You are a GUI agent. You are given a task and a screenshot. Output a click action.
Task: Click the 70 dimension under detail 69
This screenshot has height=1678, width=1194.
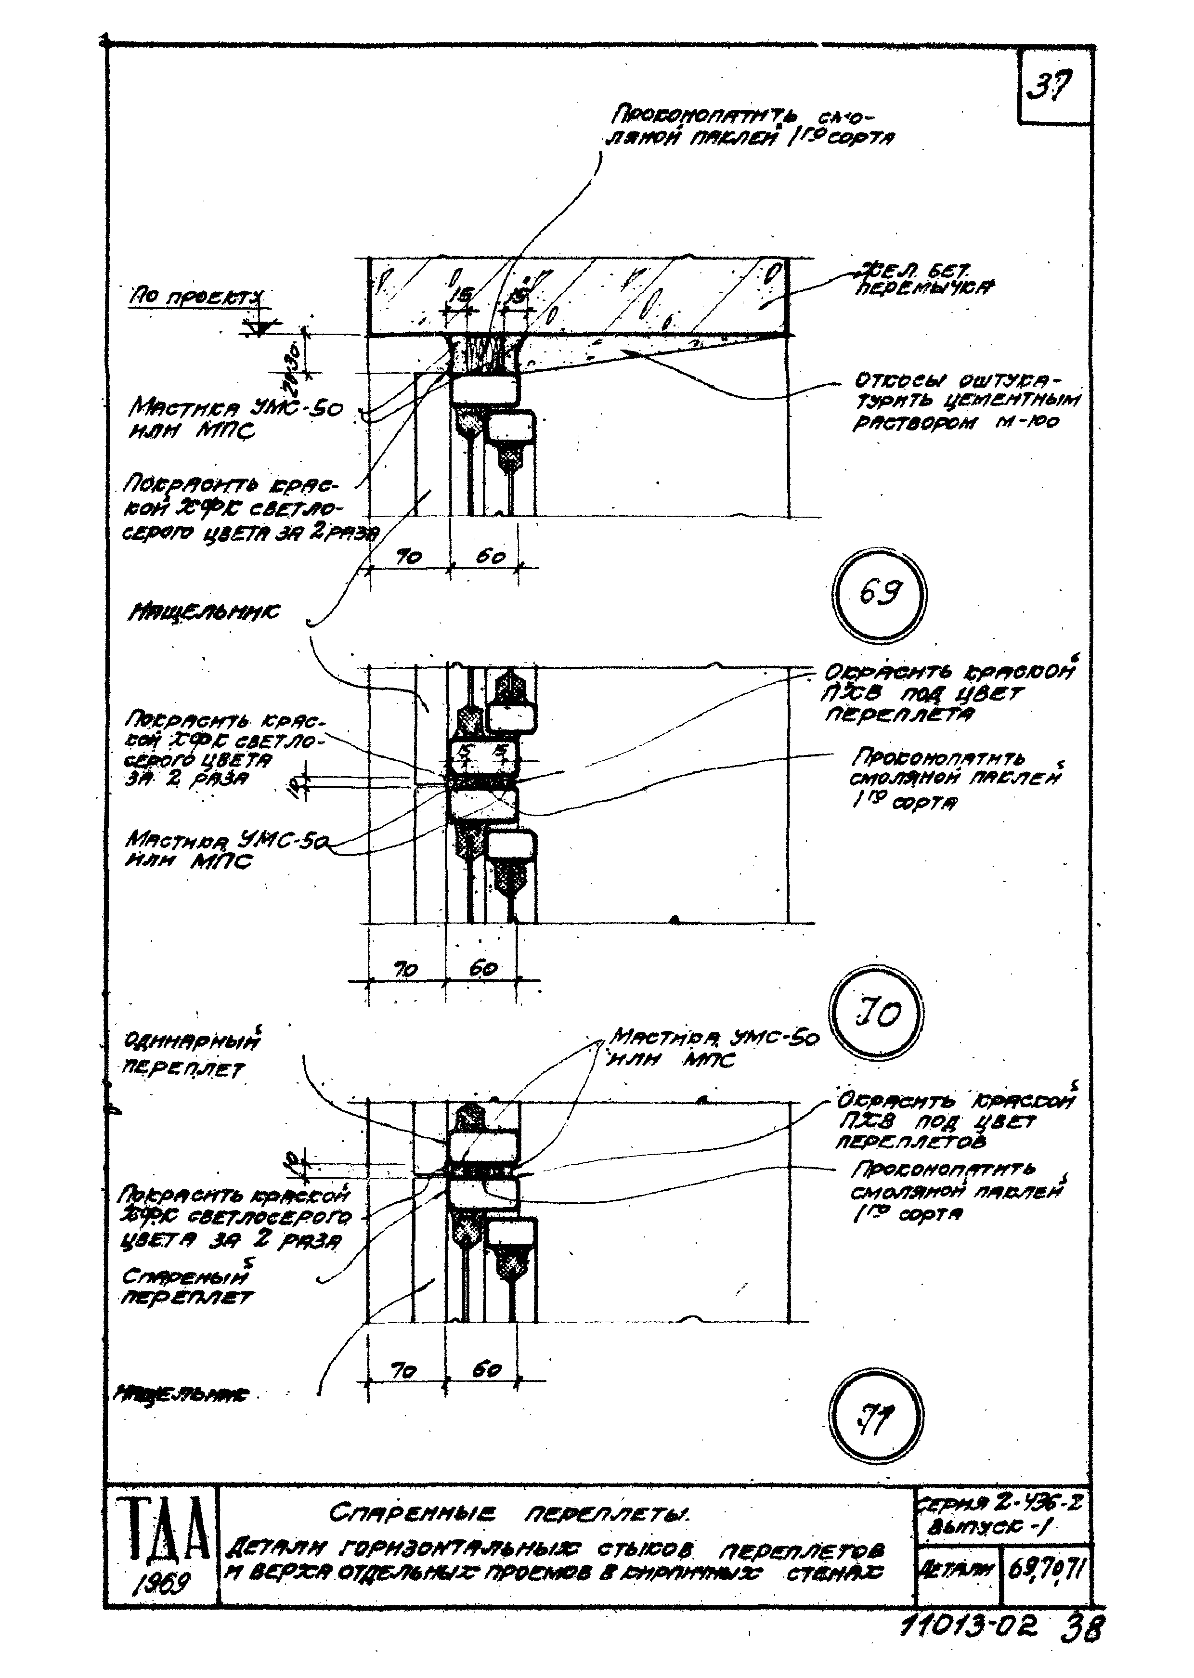point(408,558)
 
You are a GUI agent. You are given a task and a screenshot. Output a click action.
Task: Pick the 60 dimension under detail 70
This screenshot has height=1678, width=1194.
point(482,968)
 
